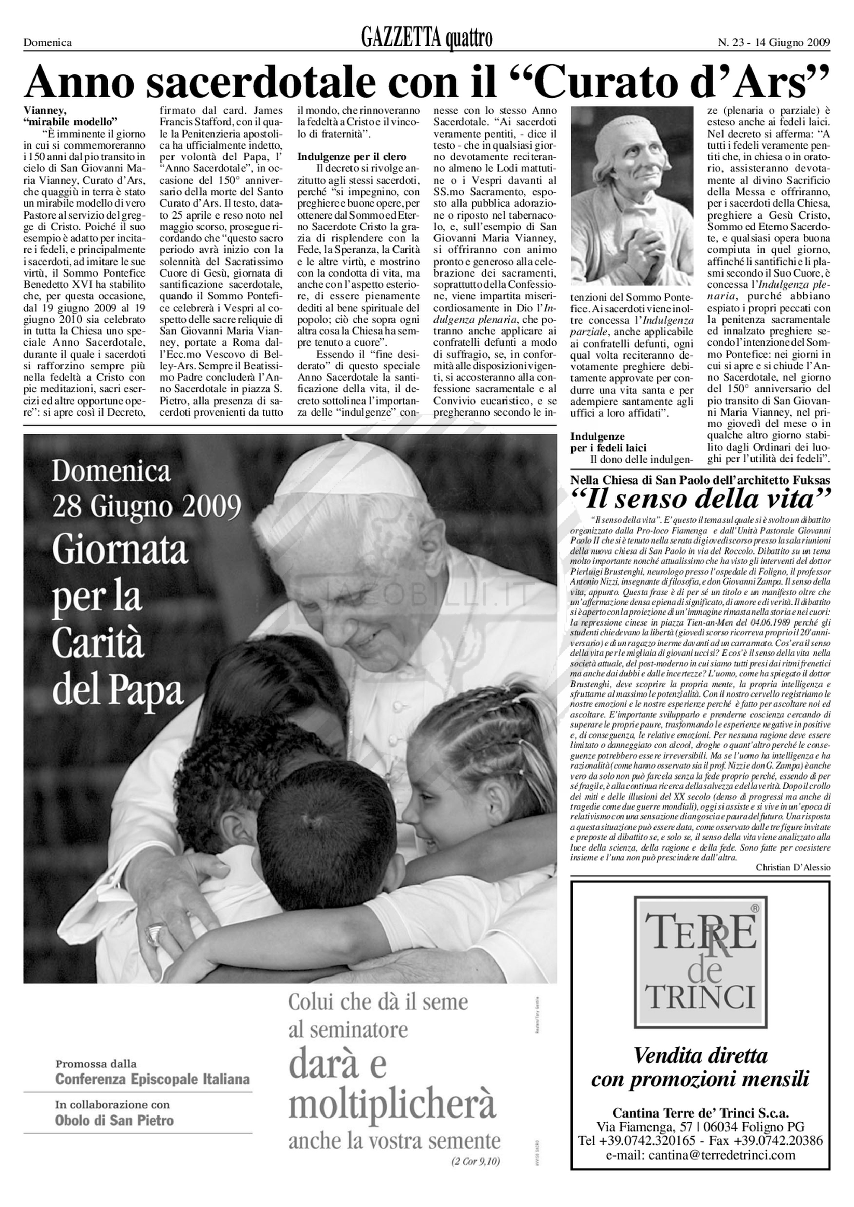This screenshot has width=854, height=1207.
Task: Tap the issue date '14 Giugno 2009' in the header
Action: [793, 43]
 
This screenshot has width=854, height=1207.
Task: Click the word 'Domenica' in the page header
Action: [47, 43]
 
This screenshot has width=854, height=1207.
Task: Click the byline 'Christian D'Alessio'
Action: [793, 867]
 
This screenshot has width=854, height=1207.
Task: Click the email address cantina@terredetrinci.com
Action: [700, 1154]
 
